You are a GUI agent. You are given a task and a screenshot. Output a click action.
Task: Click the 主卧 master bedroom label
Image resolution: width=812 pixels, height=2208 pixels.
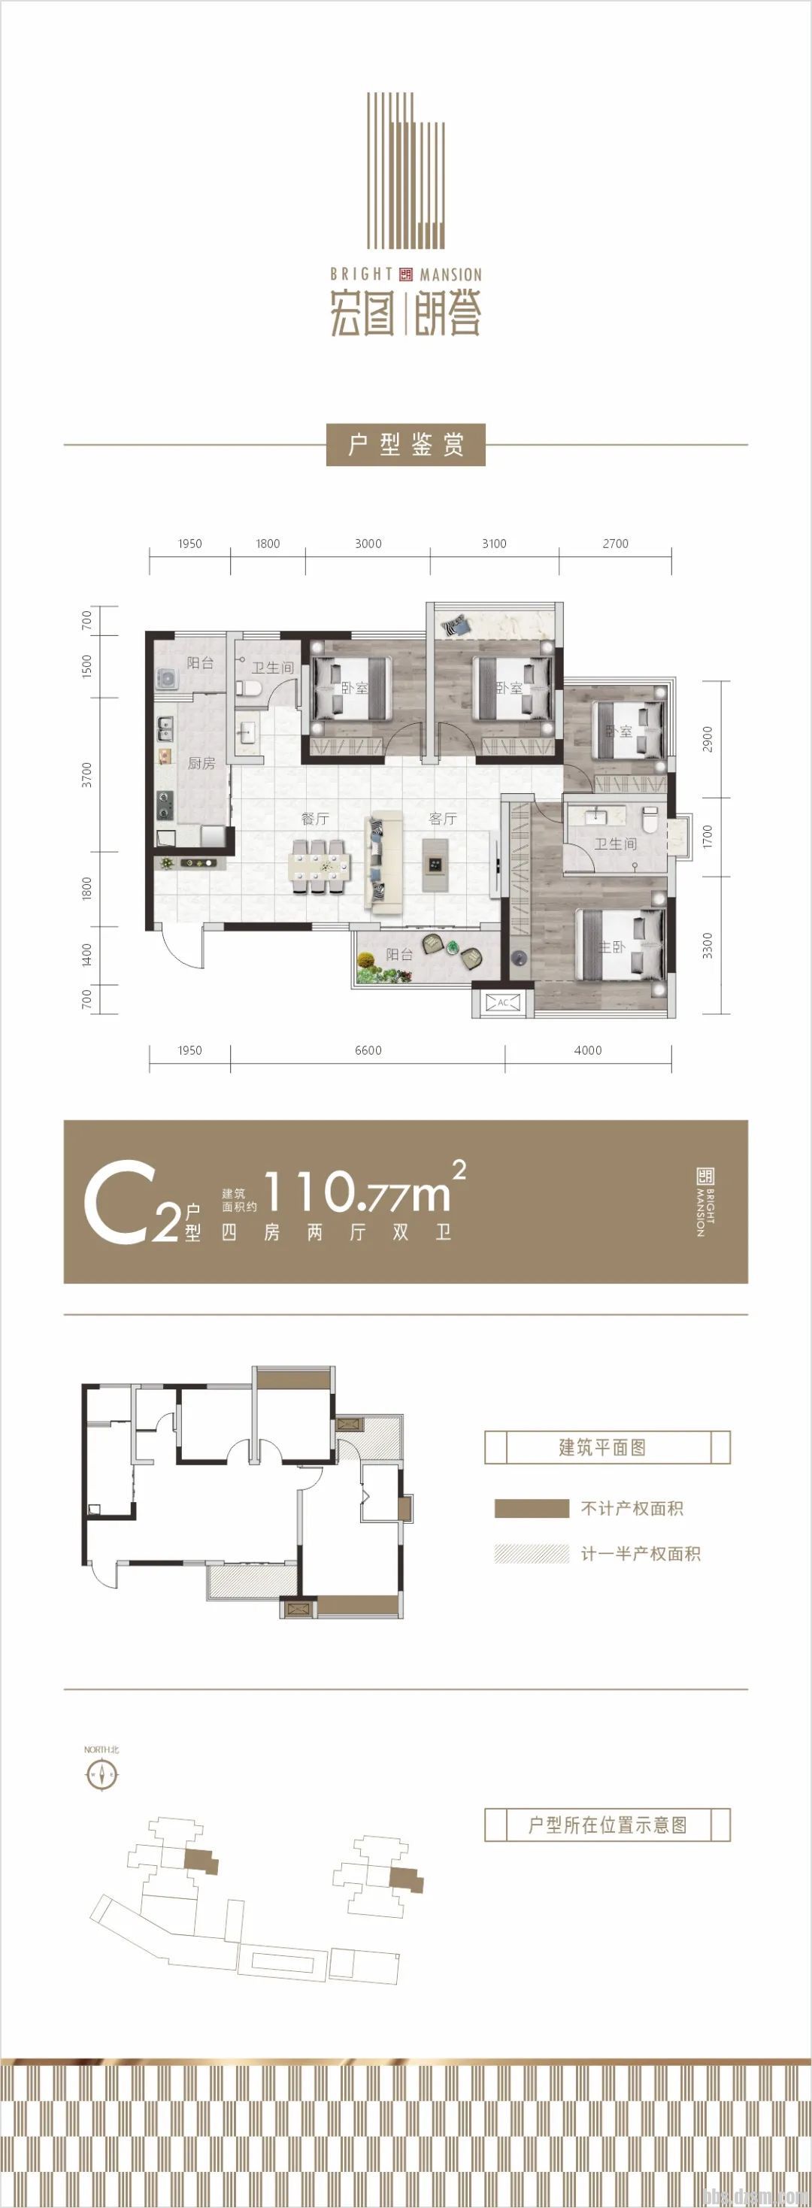(x=611, y=947)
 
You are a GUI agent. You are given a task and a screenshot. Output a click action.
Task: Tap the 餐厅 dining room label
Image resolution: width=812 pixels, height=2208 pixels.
(x=315, y=819)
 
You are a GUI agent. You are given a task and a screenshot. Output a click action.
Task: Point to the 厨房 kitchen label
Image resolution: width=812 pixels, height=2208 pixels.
(x=201, y=763)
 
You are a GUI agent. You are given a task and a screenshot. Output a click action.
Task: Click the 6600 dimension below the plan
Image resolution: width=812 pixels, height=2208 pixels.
(x=368, y=1050)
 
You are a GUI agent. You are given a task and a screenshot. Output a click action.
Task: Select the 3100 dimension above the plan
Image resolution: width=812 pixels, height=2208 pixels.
(x=494, y=544)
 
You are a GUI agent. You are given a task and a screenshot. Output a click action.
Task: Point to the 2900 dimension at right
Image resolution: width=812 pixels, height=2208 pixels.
(x=707, y=739)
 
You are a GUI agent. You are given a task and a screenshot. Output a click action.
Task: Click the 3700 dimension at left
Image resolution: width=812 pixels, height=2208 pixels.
(x=86, y=775)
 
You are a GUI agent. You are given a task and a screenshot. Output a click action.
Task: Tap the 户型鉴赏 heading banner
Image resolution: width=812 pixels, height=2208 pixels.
(x=405, y=445)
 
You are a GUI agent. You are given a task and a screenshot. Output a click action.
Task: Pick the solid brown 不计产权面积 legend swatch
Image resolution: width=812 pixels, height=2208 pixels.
(x=531, y=1508)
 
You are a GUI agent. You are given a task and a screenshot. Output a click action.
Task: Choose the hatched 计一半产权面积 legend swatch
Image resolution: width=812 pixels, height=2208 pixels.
(x=531, y=1553)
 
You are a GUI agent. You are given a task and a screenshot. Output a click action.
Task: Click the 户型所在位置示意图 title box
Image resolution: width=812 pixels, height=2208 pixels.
(x=607, y=1825)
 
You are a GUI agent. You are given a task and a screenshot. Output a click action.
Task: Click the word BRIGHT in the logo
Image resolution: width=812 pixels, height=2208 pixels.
(x=361, y=274)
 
